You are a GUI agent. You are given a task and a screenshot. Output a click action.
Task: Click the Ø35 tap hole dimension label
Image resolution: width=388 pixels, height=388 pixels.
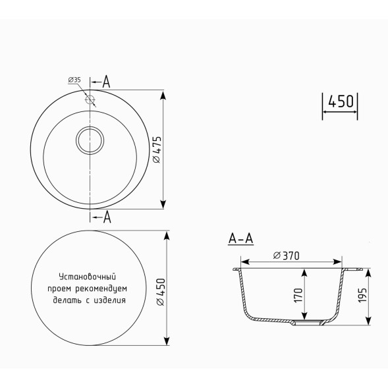click(x=74, y=80)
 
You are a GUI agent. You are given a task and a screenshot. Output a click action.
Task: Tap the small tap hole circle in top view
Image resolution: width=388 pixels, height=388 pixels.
click(x=90, y=101)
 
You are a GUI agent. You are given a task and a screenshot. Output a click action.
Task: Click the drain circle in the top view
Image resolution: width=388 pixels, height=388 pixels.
click(x=90, y=140)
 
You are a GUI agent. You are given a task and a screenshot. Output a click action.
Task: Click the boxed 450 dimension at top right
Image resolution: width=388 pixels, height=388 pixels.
click(x=341, y=102)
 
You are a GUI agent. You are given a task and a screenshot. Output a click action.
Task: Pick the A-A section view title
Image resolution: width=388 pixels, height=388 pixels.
click(x=240, y=238)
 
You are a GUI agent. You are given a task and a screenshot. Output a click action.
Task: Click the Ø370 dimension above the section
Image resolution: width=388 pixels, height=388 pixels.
click(x=287, y=256)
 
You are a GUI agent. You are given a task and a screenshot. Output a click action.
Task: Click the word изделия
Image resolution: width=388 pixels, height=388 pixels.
click(x=110, y=300)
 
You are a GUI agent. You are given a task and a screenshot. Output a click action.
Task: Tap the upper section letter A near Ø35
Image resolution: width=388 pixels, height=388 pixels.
click(x=106, y=81)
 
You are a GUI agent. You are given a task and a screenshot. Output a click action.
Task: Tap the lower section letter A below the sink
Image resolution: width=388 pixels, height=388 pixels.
click(x=106, y=217)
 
